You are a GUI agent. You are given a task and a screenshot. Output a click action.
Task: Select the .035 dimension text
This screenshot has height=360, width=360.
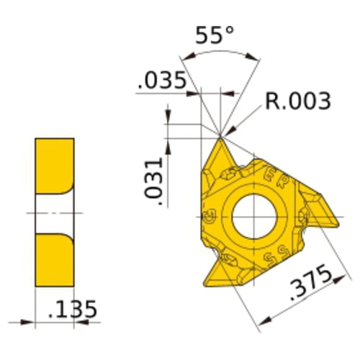pyautogui.click(x=159, y=81)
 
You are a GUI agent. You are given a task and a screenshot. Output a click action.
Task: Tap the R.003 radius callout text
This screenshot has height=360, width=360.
pyautogui.click(x=297, y=101)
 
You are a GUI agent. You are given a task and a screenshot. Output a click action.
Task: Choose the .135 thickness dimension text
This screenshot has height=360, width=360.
pyautogui.click(x=71, y=310)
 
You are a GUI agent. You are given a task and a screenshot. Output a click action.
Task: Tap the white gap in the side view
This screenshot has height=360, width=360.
pyautogui.click(x=53, y=213)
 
